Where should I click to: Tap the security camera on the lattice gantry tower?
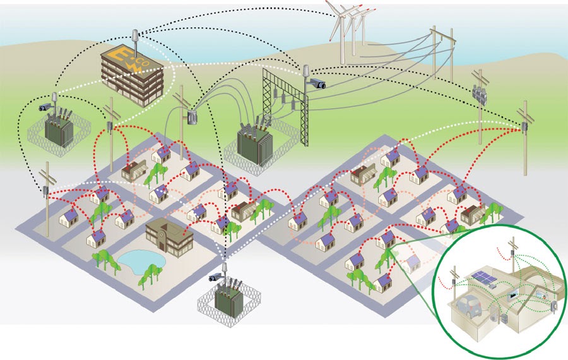point(317,83)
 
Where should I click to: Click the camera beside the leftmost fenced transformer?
point(46,107)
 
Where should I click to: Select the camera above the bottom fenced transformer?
point(216,276)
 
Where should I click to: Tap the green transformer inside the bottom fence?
point(227,300)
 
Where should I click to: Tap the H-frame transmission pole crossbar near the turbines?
point(442,38)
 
